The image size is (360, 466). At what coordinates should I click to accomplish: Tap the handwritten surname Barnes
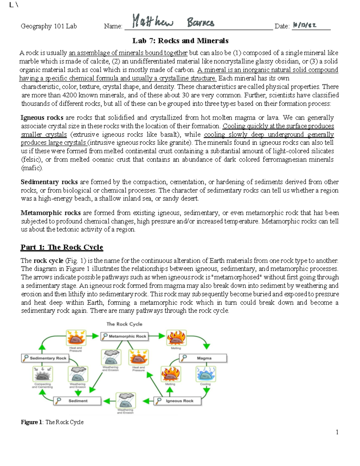pos(200,22)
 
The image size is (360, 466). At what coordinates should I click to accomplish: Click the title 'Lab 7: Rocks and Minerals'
pos(180,41)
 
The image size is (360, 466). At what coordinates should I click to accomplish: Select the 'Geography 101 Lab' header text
pos(49,26)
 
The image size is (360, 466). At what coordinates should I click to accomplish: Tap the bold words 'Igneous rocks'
pos(42,118)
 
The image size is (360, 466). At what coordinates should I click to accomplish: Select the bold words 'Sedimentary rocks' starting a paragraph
pos(49,182)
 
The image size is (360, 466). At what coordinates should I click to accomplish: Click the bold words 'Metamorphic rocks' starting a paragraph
pos(50,213)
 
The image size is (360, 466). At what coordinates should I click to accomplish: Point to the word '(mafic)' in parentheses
pos(32,168)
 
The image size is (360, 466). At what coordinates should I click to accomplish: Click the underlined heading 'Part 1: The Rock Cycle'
pos(62,247)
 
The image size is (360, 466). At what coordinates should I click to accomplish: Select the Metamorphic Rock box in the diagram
pos(124,336)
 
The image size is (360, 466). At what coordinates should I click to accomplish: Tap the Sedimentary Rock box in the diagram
pos(45,358)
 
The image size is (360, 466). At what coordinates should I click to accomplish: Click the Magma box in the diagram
pos(203,358)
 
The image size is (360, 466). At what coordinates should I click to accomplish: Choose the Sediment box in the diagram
pos(77,401)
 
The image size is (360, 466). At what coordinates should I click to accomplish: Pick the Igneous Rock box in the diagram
pos(178,401)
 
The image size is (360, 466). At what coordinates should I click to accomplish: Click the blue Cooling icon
pos(205,374)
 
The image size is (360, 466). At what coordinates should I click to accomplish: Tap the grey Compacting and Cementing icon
pos(42,374)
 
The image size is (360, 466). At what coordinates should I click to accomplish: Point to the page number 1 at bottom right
pos(337,432)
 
